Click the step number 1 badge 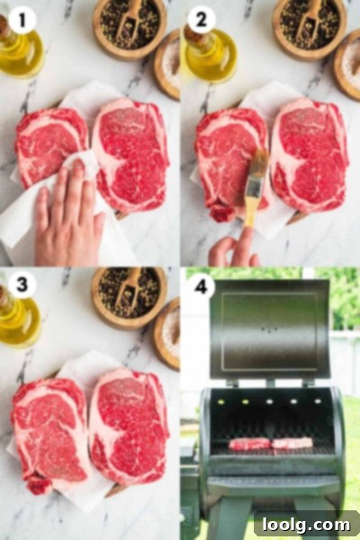click(22, 20)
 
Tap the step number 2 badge click(202, 20)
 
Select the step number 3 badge click(22, 284)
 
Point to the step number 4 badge click(202, 285)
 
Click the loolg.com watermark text click(306, 525)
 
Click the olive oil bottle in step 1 click(19, 49)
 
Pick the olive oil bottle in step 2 click(209, 53)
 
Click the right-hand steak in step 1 click(130, 155)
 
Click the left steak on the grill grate click(250, 444)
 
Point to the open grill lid click(269, 330)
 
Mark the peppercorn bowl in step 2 click(310, 26)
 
